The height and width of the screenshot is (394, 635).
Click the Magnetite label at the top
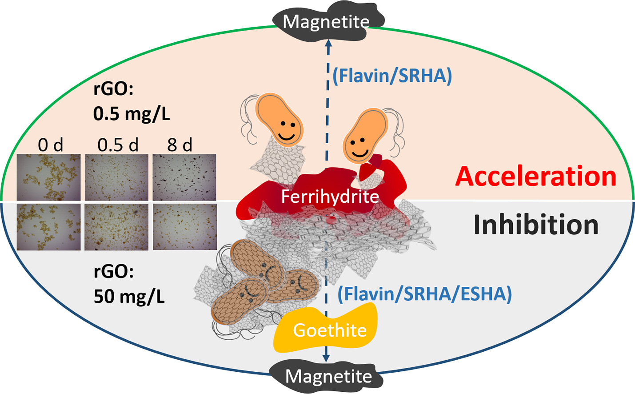326,21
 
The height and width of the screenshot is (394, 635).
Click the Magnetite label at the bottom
328,376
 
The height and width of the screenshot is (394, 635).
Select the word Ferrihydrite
330,197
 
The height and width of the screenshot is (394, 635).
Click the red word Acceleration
536,177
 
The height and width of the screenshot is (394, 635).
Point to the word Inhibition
536,225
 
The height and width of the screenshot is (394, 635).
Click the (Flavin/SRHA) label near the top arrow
392,76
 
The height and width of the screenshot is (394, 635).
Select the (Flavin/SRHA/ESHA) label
425,294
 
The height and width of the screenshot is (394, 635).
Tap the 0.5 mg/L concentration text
132,114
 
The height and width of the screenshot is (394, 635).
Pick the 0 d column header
50,145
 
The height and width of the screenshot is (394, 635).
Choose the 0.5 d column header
118,145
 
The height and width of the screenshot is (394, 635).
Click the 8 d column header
180,145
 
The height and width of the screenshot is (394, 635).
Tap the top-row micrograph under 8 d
184,177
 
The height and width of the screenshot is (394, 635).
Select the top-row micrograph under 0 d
49,177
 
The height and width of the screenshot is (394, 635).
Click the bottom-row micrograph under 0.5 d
116,227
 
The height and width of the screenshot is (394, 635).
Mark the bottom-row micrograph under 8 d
184,227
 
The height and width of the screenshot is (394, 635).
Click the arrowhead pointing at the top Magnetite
328,44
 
